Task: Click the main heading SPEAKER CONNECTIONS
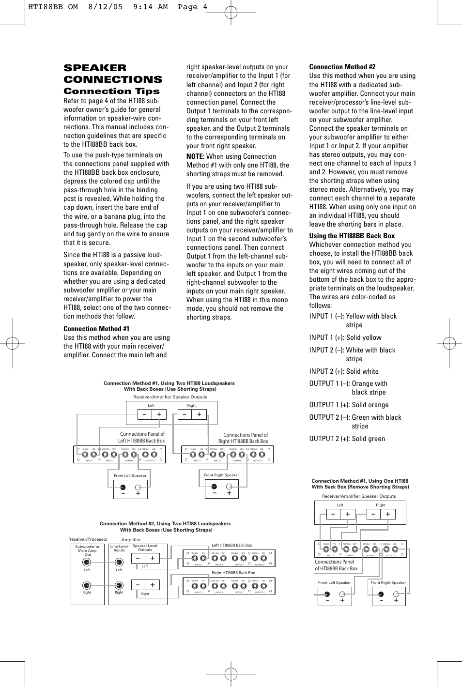click(113, 74)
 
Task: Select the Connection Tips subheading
click(111, 91)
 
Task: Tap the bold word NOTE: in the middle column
click(196, 156)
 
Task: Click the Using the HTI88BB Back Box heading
click(352, 236)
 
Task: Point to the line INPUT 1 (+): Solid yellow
click(345, 337)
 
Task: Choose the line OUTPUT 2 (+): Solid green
click(347, 439)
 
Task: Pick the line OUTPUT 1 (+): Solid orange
click(349, 405)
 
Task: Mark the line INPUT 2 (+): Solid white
click(344, 371)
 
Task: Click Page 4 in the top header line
click(192, 7)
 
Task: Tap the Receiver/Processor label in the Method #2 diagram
click(88, 539)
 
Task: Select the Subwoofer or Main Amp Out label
click(87, 550)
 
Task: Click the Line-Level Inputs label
click(119, 548)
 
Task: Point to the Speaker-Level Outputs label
click(145, 548)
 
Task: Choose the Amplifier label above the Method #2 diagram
click(131, 539)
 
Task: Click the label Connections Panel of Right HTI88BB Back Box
click(244, 438)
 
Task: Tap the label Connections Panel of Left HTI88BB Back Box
click(142, 437)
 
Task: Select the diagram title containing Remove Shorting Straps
click(360, 484)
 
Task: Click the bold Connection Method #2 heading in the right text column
click(342, 67)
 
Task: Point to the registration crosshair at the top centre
click(231, 13)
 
